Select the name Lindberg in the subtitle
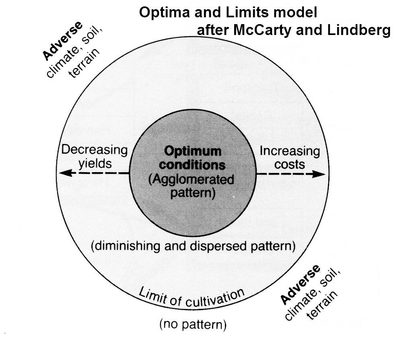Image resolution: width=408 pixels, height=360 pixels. (359, 30)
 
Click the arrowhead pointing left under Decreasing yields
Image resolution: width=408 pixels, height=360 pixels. (66, 173)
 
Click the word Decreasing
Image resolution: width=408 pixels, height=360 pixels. (95, 150)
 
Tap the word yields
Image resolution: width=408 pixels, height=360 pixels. (95, 164)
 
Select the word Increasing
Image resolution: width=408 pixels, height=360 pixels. (290, 151)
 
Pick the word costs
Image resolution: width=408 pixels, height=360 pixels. (290, 165)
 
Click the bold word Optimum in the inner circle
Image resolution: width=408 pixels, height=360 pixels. (193, 151)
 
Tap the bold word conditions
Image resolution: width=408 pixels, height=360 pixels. (192, 165)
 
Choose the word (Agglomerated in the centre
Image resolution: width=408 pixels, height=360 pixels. (191, 179)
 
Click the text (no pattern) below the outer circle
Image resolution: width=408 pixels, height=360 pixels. (193, 325)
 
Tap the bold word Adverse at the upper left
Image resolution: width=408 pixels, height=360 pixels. (62, 41)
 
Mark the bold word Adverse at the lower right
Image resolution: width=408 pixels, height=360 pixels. (300, 284)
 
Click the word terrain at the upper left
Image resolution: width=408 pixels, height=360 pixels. (84, 63)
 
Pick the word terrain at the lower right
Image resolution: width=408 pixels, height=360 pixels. (322, 305)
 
